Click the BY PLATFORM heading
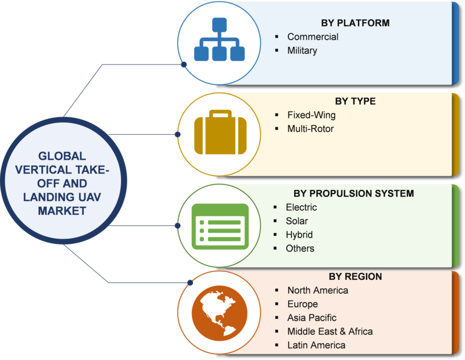355,23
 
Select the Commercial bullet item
312,37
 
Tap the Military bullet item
302,51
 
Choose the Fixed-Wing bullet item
311,114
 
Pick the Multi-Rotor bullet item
310,128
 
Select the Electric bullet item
301,207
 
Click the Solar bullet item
296,221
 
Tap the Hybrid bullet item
299,235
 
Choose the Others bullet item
300,249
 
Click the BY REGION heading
355,276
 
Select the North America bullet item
317,290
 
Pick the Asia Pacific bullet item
312,318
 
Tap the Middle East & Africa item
330,332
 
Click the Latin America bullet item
316,345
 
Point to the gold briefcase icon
219,133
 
